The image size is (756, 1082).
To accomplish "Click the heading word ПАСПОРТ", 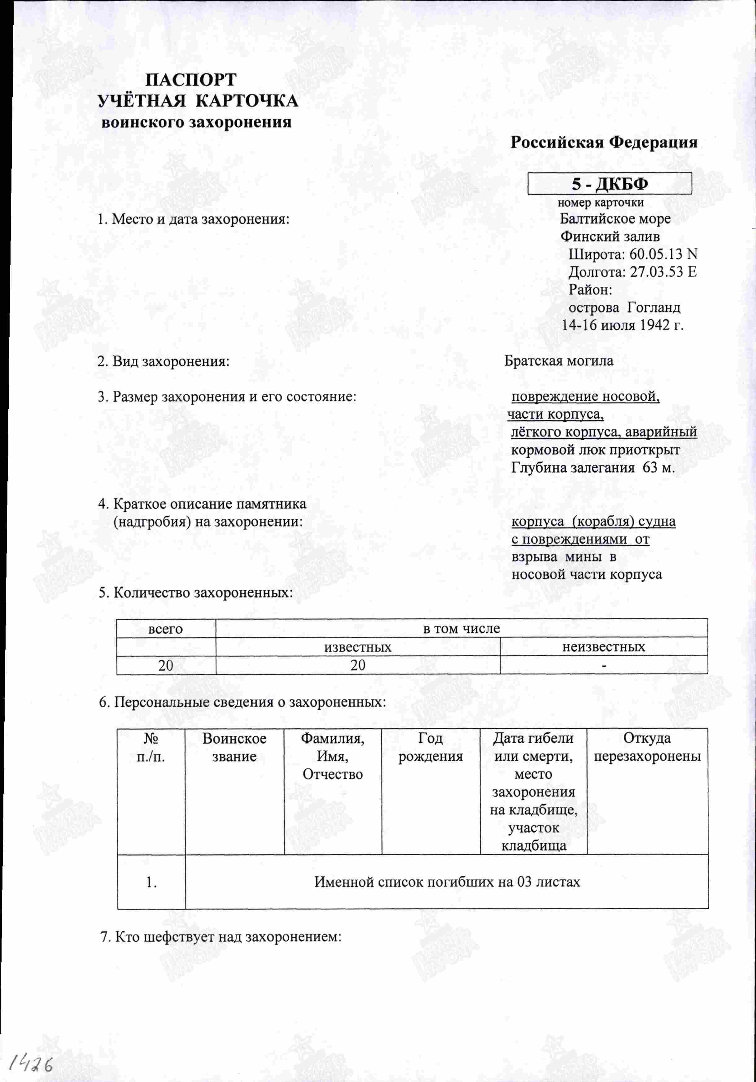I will point(190,80).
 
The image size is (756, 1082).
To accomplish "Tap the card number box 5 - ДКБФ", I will point(610,184).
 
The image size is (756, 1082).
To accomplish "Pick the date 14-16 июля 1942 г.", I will point(622,325).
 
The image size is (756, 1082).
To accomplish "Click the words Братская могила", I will point(558,361).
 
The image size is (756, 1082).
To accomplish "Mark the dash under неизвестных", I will point(604,666).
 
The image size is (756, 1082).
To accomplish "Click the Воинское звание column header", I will point(234,748).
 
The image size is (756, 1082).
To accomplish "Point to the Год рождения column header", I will point(430,748).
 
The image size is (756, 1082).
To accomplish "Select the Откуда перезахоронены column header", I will point(647,748).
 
